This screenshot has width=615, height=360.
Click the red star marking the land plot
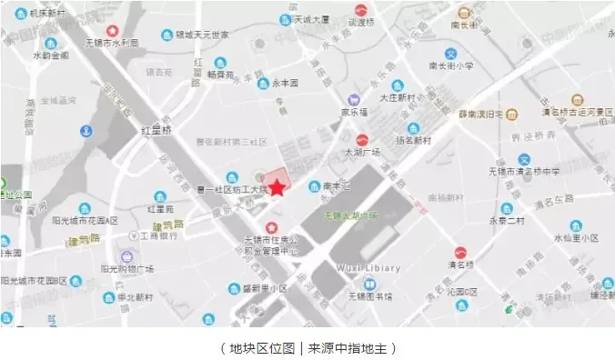point(277,188)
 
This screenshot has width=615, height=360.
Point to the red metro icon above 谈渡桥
point(362,12)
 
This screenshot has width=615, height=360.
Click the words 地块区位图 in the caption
point(257,347)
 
